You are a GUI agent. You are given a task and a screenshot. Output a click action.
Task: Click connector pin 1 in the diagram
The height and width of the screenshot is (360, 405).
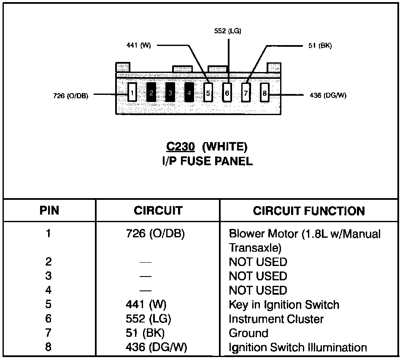(x=132, y=92)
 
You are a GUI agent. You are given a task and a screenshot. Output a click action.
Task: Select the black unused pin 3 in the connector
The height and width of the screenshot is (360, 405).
(x=170, y=92)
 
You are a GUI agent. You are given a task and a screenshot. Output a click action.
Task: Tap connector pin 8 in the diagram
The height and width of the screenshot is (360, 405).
(x=265, y=92)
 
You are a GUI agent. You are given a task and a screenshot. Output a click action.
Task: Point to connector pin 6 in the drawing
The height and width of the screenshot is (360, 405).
(x=227, y=92)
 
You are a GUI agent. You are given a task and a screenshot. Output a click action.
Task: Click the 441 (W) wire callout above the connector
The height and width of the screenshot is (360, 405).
(x=139, y=46)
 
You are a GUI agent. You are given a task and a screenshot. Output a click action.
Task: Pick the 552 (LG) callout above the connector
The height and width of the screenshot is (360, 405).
(x=228, y=31)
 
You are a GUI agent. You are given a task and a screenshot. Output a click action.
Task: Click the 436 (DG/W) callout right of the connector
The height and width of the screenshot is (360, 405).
(x=328, y=95)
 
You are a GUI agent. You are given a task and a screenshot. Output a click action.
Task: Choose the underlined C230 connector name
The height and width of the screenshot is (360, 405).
(x=181, y=147)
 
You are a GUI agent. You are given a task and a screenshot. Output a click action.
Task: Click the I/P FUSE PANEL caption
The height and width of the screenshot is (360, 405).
(x=207, y=161)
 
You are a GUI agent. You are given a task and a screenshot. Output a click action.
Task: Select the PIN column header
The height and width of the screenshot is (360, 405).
(x=49, y=211)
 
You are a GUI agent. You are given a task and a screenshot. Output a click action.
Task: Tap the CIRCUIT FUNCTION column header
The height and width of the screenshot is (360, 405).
(x=309, y=211)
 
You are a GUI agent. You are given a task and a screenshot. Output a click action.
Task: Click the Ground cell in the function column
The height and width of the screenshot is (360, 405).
(x=248, y=333)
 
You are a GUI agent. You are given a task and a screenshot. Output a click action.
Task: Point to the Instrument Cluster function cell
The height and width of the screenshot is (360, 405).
(x=276, y=319)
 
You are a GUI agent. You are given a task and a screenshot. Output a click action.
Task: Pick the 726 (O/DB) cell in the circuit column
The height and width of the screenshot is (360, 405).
(x=155, y=234)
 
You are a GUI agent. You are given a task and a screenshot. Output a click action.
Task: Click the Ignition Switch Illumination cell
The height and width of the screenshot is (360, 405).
(x=297, y=348)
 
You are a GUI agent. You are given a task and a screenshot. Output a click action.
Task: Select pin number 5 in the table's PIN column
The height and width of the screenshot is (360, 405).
(x=49, y=305)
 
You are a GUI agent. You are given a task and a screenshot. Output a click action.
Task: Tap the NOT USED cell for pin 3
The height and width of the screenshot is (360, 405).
(x=258, y=276)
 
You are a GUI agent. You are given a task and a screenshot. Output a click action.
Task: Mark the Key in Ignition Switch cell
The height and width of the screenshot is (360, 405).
(x=283, y=305)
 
